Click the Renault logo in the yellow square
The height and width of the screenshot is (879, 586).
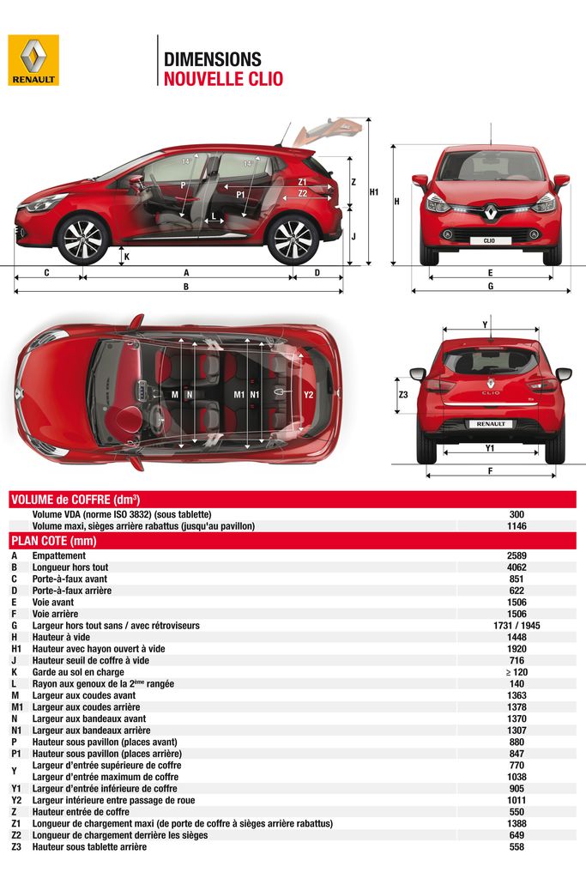pyautogui.click(x=33, y=60)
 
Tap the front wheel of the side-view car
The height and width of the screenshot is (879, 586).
pyautogui.click(x=82, y=238)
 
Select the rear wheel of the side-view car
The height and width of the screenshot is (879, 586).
pyautogui.click(x=292, y=239)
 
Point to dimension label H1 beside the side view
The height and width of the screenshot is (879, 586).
pyautogui.click(x=374, y=192)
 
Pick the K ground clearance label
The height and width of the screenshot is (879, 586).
pyautogui.click(x=126, y=256)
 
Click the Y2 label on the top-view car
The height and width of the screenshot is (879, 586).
pyautogui.click(x=309, y=394)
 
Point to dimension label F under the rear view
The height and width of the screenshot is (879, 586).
pyautogui.click(x=490, y=470)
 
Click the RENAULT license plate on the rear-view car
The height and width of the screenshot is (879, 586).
pyautogui.click(x=490, y=424)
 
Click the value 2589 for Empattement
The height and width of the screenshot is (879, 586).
pyautogui.click(x=517, y=555)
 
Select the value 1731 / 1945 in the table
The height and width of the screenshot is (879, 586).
pyautogui.click(x=517, y=626)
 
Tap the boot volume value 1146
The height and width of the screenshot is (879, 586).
pyautogui.click(x=517, y=525)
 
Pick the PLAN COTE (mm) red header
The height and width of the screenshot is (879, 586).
pyautogui.click(x=53, y=541)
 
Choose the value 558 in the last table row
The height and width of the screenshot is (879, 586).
pyautogui.click(x=517, y=846)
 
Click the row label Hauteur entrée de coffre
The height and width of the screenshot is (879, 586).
pyautogui.click(x=81, y=811)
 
